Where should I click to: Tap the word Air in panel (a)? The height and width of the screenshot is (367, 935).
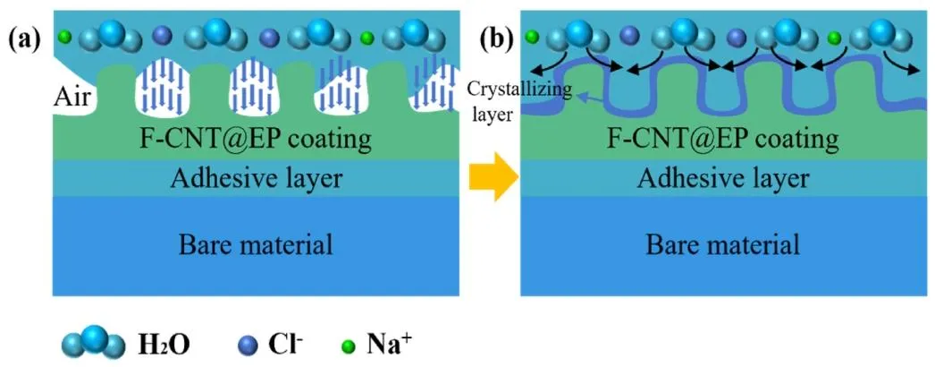coord(72,96)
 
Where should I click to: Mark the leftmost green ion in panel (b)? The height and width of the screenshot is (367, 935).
coord(532,37)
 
